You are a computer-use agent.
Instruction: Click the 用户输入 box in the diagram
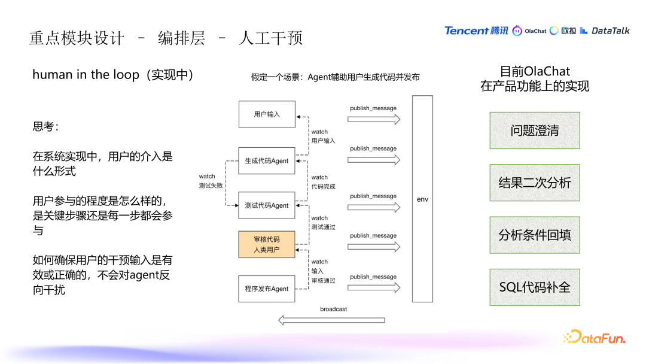tap(267, 114)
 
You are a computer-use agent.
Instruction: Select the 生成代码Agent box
tap(267, 161)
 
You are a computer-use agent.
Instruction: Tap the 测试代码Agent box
tap(267, 205)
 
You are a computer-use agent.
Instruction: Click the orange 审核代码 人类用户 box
tap(267, 244)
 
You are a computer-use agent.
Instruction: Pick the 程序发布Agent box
tap(267, 289)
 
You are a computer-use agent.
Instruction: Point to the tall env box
tap(423, 199)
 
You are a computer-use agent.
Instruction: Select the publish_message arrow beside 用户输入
tap(374, 119)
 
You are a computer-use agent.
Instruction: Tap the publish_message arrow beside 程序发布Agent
tap(374, 287)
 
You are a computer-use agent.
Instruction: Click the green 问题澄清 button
tap(535, 131)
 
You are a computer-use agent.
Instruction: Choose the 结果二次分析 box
tap(535, 183)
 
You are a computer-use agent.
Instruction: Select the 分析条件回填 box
tap(535, 235)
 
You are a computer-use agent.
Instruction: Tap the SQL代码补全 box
tap(535, 287)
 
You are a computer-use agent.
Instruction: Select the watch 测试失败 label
tap(211, 181)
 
